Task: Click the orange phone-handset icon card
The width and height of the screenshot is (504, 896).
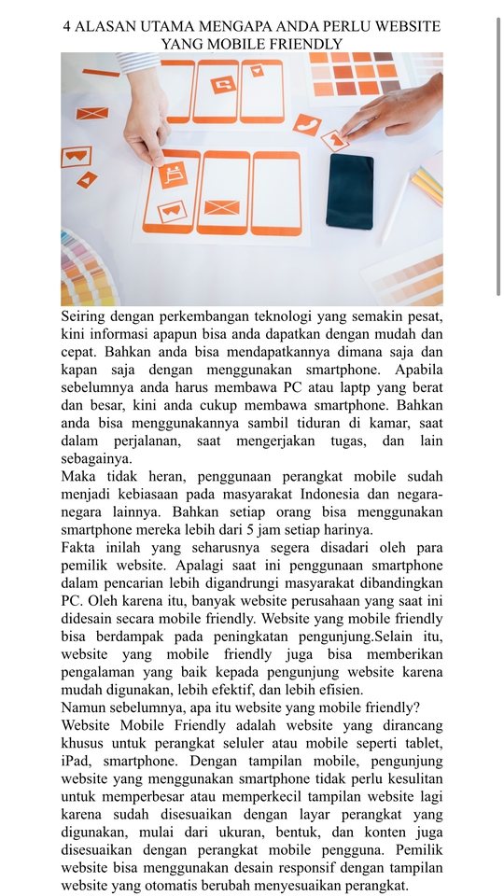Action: (306, 124)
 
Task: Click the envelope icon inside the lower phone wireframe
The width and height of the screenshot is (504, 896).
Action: (222, 206)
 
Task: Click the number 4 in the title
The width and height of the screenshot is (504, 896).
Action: (67, 26)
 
